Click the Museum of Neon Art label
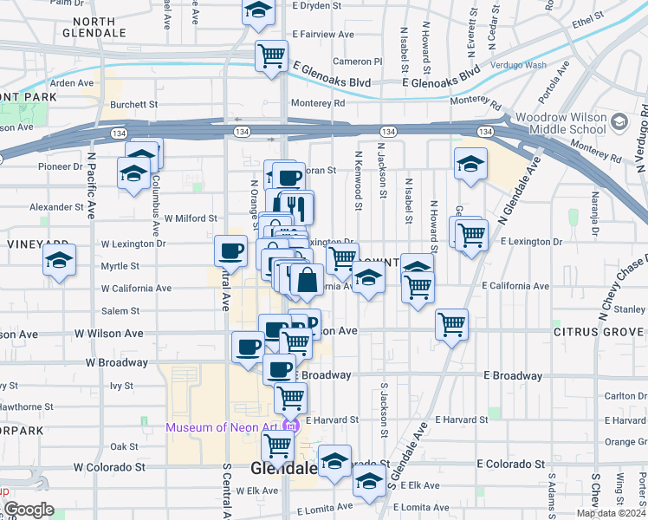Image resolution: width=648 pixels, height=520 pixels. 224,427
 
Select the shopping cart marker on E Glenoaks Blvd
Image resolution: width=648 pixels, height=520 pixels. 271,55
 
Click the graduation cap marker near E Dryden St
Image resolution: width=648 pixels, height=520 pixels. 258,10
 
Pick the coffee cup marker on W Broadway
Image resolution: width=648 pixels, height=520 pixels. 248,348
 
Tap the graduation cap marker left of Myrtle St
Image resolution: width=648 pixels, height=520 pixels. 59,260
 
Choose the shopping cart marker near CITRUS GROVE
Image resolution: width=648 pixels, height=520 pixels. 451,325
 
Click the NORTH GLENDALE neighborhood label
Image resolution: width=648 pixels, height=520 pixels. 96,27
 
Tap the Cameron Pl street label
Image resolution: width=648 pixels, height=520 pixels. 357,62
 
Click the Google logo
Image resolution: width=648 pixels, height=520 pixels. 29,510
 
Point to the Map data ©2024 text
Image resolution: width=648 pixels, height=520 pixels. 611,513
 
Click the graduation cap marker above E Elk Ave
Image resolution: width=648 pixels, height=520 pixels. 369,484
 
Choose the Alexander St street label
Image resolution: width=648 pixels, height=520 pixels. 56,208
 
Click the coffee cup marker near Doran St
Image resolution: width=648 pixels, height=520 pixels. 288,177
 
